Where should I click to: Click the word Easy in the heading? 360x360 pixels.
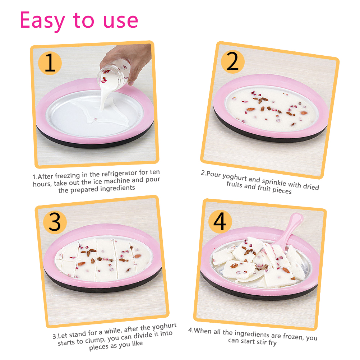click(42, 21)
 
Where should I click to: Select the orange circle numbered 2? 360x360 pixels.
click(232, 62)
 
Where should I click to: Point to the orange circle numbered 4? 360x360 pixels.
click(220, 222)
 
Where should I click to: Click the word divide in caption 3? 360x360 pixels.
click(143, 336)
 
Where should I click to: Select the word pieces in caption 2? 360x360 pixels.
click(282, 190)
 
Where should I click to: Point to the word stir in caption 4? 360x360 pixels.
click(262, 342)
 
